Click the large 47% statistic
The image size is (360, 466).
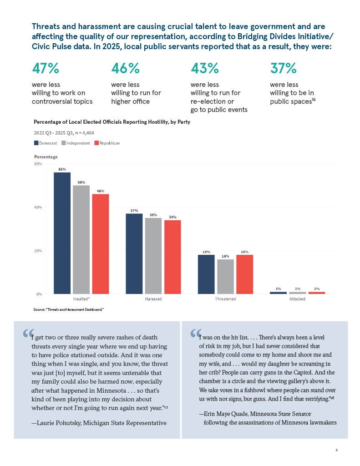coord(46,68)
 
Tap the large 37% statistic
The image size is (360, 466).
coord(283,68)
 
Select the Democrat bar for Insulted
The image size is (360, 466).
coord(62,233)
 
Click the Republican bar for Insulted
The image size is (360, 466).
coord(101,244)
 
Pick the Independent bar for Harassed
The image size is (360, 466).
coord(153,256)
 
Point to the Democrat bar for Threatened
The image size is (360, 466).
coord(206,274)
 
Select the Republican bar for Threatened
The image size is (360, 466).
coord(245,274)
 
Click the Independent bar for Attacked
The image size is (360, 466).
coord(298,293)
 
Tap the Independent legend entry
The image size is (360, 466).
coord(76,143)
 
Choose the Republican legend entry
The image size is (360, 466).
coord(107,143)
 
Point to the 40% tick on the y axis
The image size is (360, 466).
coord(38,207)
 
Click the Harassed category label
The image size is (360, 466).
coord(153,299)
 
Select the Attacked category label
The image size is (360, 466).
coord(298,299)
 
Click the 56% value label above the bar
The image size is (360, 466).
coord(62,169)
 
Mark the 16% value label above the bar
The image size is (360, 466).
coord(225,256)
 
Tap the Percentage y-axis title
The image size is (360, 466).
coord(46,157)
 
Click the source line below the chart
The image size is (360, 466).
coord(68,309)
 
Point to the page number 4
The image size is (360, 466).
coord(336,450)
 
